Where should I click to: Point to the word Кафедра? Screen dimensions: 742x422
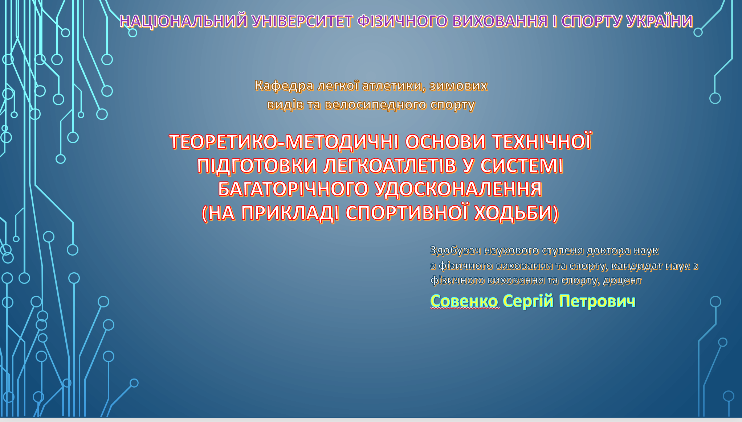point(284,86)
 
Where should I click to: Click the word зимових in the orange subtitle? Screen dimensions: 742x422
point(458,86)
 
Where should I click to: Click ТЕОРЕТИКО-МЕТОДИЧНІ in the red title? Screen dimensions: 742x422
point(284,142)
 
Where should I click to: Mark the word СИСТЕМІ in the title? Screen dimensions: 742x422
point(521,166)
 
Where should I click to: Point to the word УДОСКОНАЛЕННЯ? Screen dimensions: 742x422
point(458,189)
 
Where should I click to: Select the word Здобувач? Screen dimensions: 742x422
point(455,251)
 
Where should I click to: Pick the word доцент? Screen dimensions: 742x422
point(622,281)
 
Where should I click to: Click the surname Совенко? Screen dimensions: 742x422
point(464,301)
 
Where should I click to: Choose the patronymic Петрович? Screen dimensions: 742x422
point(597,301)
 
